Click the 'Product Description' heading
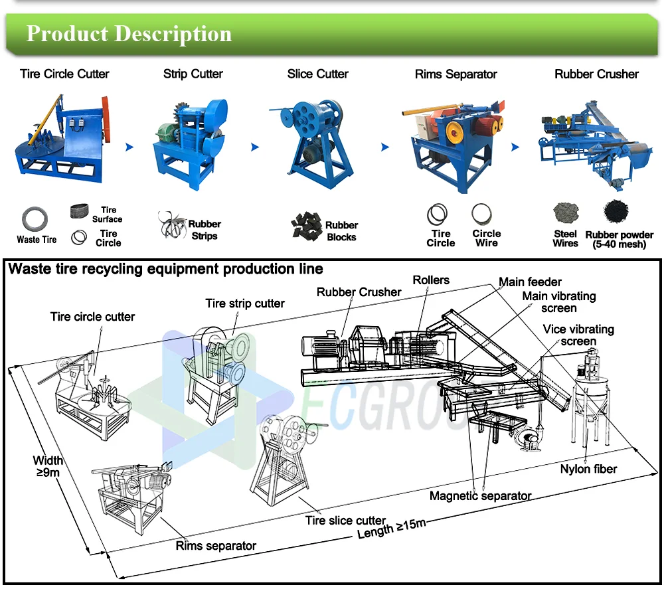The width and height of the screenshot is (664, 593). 129,34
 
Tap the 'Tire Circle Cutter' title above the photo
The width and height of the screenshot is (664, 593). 64,74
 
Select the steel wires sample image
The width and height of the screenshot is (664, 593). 566,214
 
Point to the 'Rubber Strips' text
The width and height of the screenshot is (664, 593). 204,230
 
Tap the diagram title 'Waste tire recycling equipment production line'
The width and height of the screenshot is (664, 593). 165,269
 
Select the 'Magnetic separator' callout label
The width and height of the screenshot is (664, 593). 480,495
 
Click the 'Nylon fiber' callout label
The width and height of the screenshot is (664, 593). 588,469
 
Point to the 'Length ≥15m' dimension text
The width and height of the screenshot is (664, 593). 391,528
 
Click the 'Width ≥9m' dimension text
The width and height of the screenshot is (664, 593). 48,466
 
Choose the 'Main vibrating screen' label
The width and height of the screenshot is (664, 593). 558,302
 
